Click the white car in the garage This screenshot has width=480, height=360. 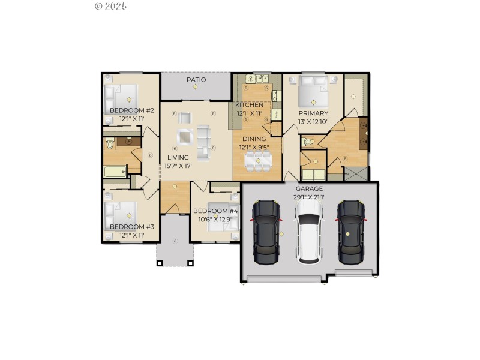[310, 232]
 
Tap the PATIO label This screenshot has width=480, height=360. [196, 79]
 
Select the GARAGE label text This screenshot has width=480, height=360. [310, 188]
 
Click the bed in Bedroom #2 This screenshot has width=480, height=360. [122, 96]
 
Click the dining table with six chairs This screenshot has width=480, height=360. [257, 161]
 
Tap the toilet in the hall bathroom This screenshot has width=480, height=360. [109, 145]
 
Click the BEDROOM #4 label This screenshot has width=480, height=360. [215, 211]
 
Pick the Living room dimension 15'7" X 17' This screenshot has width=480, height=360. [178, 166]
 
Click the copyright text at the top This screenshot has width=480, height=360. [111, 6]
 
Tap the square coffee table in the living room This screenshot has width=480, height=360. [185, 137]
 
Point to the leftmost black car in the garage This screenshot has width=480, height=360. [266, 232]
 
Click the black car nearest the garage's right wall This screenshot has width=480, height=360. [351, 232]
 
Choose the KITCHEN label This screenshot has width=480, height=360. [249, 105]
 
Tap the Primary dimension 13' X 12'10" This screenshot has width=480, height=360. [313, 122]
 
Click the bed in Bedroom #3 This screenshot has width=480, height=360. [122, 213]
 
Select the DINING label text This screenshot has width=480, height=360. [254, 139]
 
